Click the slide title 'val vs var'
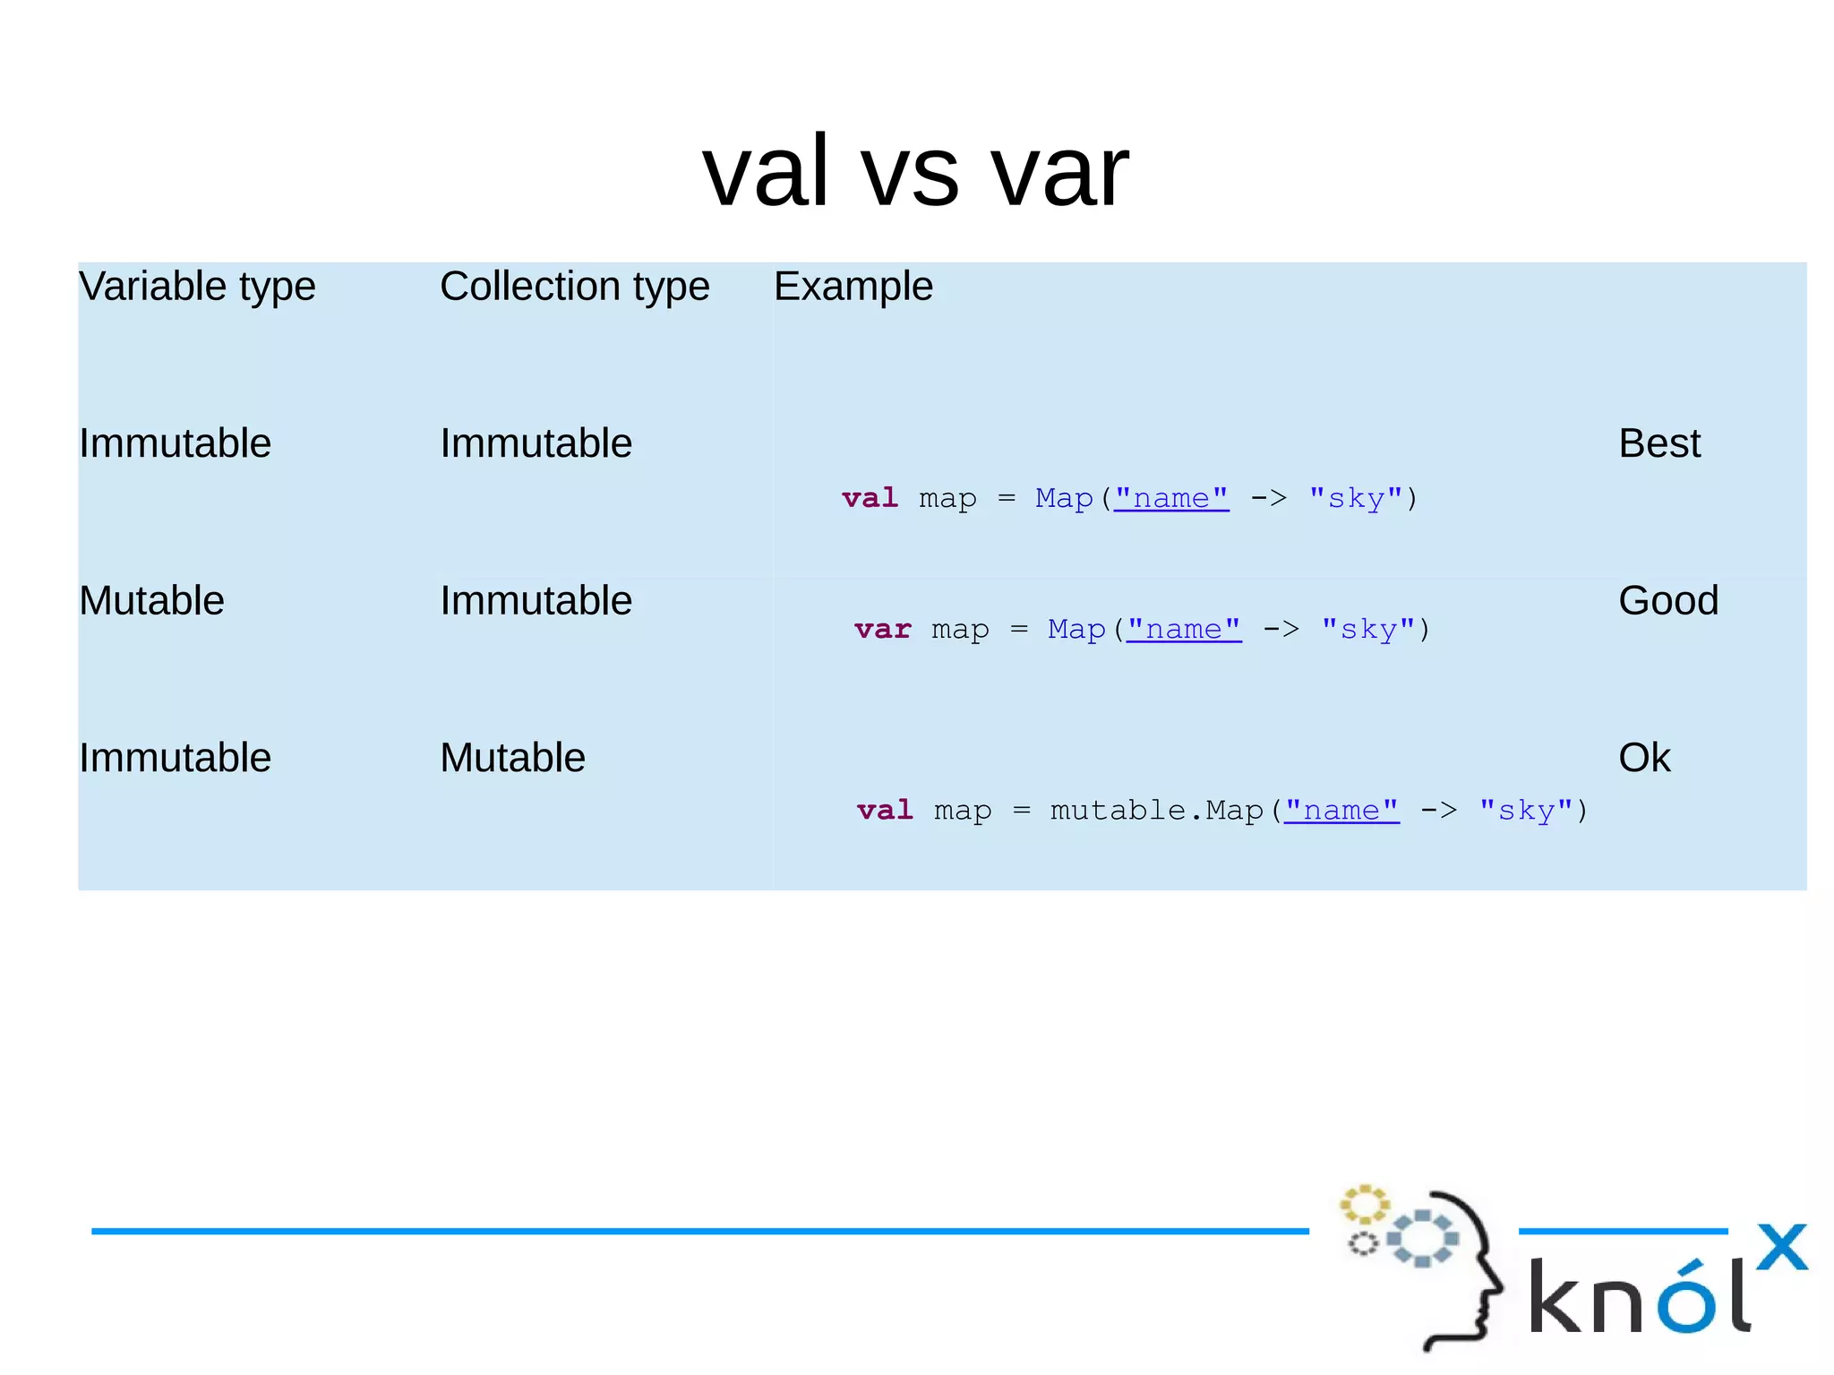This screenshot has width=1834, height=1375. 915,170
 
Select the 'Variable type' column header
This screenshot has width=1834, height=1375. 197,287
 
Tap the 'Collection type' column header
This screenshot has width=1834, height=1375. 575,287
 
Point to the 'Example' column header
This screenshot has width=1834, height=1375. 853,287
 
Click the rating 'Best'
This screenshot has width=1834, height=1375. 1659,443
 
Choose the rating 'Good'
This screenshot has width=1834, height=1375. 1668,601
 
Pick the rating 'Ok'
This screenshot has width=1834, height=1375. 1644,758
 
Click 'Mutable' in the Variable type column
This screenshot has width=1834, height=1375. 151,601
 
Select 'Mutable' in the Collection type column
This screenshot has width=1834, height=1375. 512,758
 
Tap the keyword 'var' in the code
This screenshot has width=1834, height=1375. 882,629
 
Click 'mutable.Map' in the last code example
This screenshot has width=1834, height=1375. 1156,810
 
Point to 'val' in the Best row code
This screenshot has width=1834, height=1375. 870,498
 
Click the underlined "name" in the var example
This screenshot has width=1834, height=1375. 1184,629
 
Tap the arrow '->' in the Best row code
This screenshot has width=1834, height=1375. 1268,498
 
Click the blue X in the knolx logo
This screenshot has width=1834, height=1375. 1781,1247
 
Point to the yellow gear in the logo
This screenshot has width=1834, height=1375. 1364,1205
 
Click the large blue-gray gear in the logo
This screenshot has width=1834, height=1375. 1422,1239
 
